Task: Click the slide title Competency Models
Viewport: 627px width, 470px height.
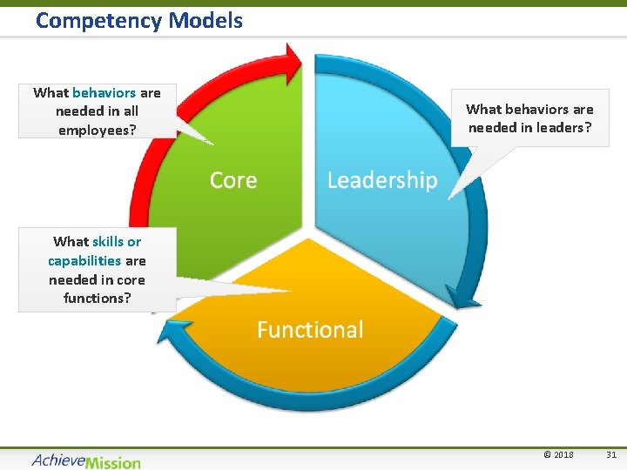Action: pyautogui.click(x=139, y=20)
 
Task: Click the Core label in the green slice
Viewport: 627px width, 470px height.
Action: pyautogui.click(x=233, y=180)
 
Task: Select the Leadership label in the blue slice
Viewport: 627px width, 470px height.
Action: pyautogui.click(x=381, y=180)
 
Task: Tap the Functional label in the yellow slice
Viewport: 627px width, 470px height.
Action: pyautogui.click(x=310, y=329)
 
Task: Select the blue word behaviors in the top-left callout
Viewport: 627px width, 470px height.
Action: pyautogui.click(x=104, y=92)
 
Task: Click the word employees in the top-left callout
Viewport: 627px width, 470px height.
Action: pyautogui.click(x=97, y=130)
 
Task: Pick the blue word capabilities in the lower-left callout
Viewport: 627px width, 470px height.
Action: pyautogui.click(x=84, y=260)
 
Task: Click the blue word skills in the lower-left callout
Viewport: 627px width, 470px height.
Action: pyautogui.click(x=108, y=241)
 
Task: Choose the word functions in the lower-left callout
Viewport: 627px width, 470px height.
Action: pyautogui.click(x=97, y=298)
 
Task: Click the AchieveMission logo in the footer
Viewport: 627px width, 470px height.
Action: pyautogui.click(x=85, y=460)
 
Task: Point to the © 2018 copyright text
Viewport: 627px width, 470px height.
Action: pyautogui.click(x=558, y=454)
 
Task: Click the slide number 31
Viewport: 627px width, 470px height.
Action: pyautogui.click(x=610, y=454)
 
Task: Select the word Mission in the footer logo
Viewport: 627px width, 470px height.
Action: pyautogui.click(x=113, y=460)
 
